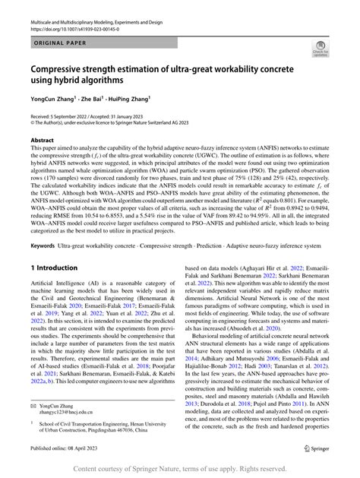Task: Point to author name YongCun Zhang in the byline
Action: (x=53, y=98)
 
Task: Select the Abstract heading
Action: (x=42, y=141)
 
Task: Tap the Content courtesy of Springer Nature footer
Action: (x=180, y=469)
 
